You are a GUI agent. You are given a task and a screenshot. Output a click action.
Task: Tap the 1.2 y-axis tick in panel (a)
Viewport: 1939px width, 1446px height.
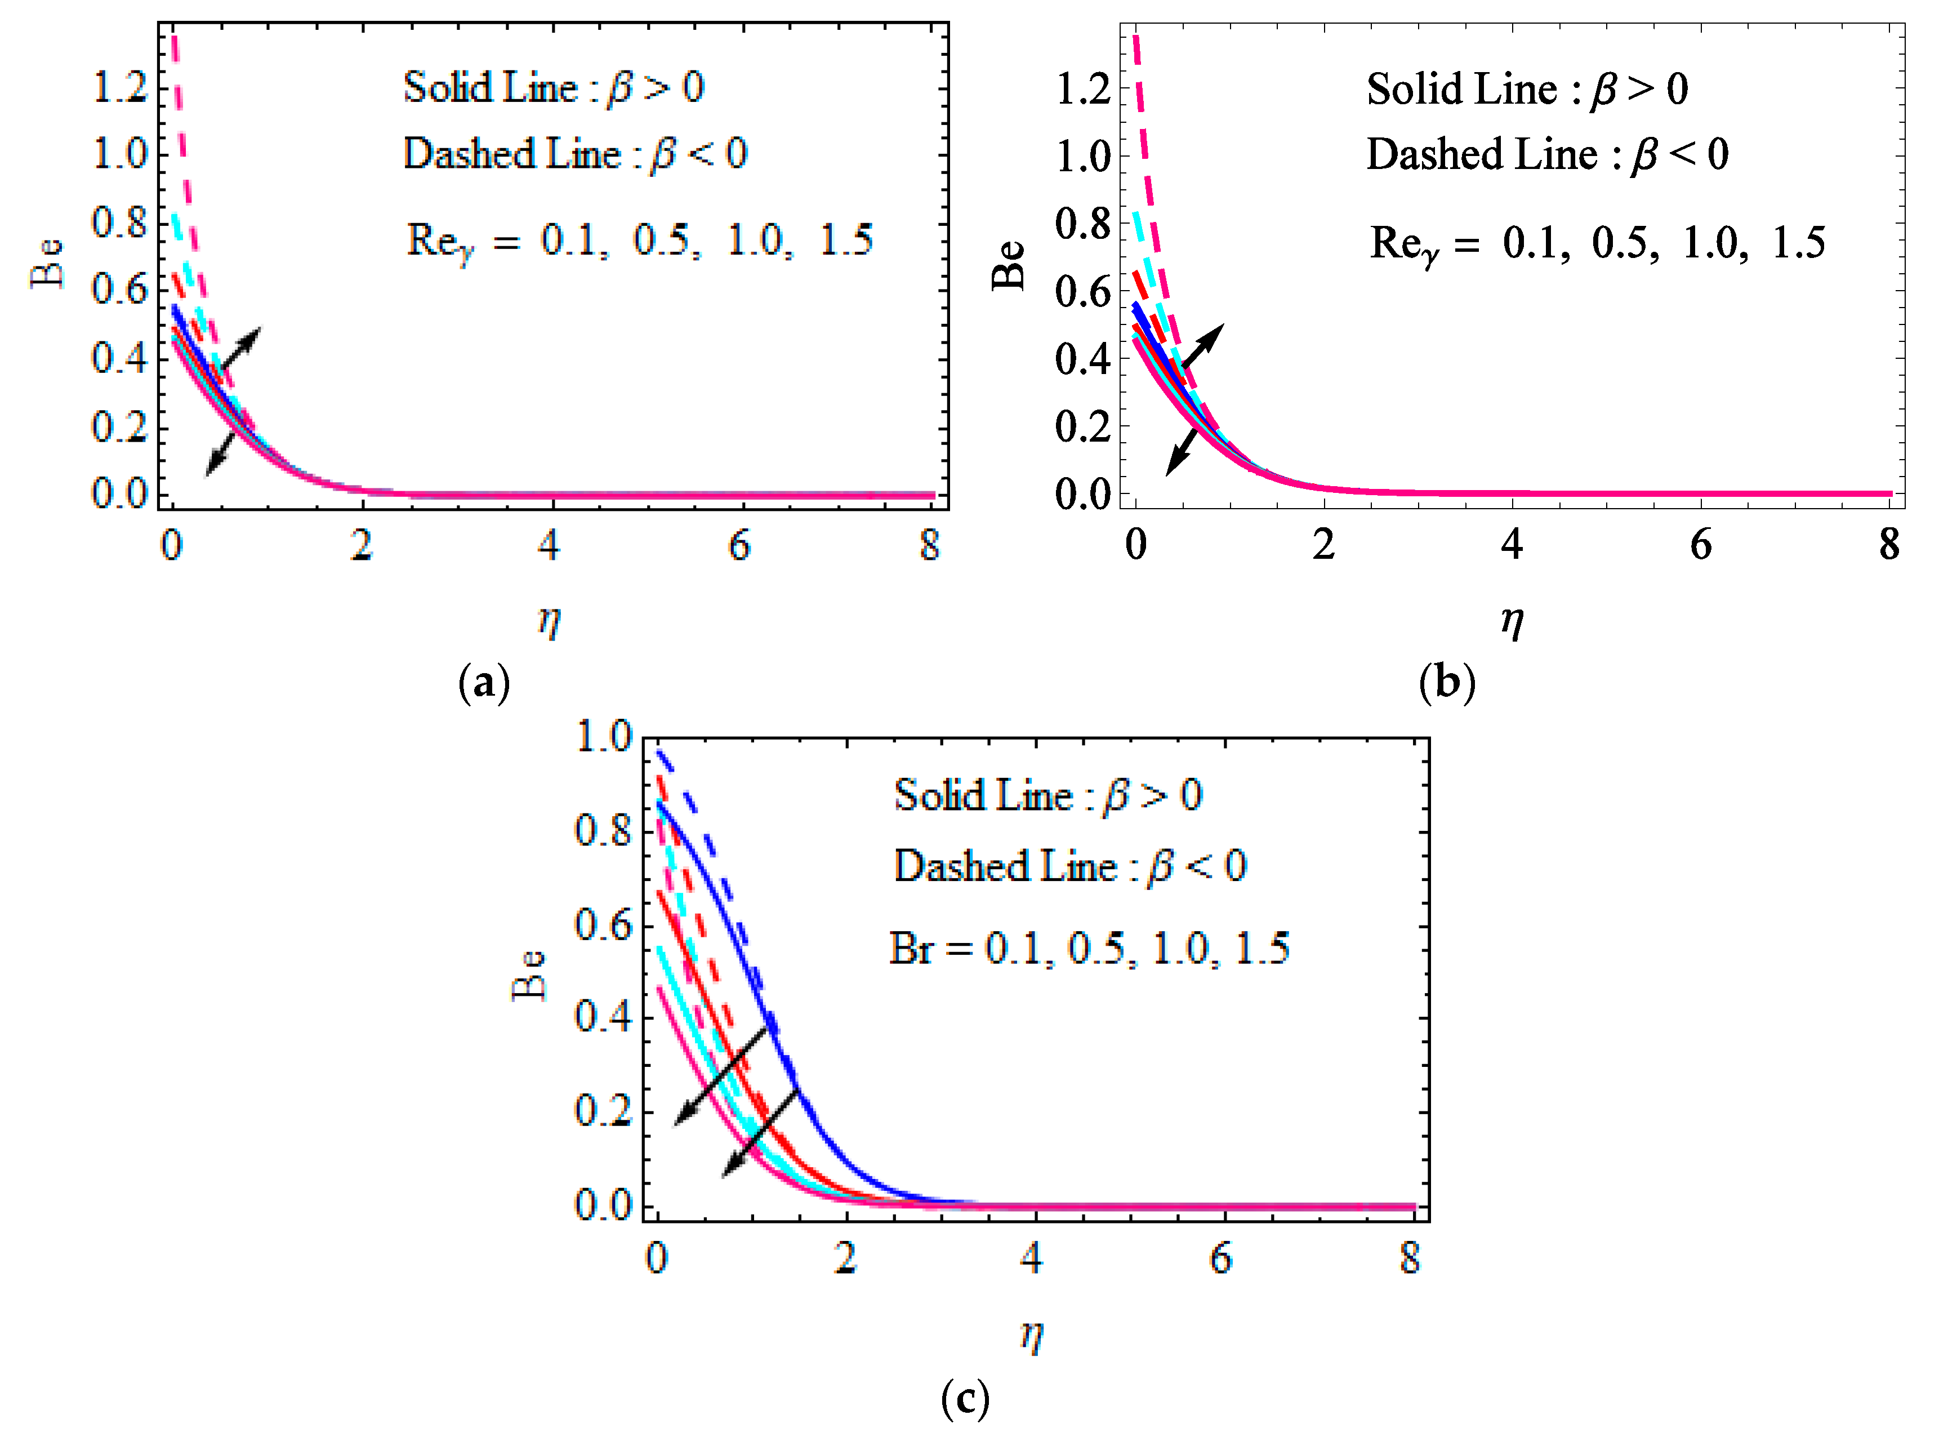[120, 87]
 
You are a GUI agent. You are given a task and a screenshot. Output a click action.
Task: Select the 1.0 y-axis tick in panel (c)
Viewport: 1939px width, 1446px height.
[603, 736]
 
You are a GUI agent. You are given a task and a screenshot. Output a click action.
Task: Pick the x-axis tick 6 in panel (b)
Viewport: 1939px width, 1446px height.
[1700, 545]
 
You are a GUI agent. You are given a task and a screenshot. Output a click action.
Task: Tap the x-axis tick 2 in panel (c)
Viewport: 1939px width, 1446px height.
[844, 1258]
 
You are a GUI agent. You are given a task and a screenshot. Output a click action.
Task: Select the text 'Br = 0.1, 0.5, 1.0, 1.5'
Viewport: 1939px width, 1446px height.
[1089, 948]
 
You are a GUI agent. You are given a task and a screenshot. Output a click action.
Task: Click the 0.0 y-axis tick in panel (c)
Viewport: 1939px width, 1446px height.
[603, 1205]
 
